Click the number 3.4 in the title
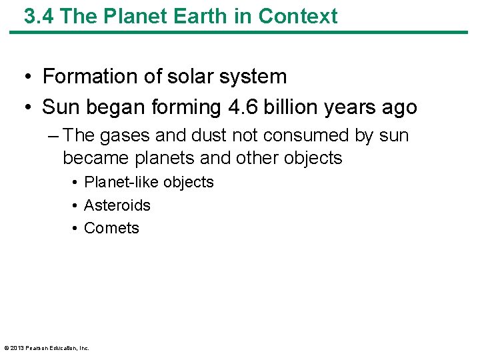coord(37,16)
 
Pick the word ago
coord(398,107)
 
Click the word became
coord(97,158)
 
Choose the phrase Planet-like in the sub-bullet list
coord(121,182)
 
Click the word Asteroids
coord(117,205)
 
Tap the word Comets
coord(111,228)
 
